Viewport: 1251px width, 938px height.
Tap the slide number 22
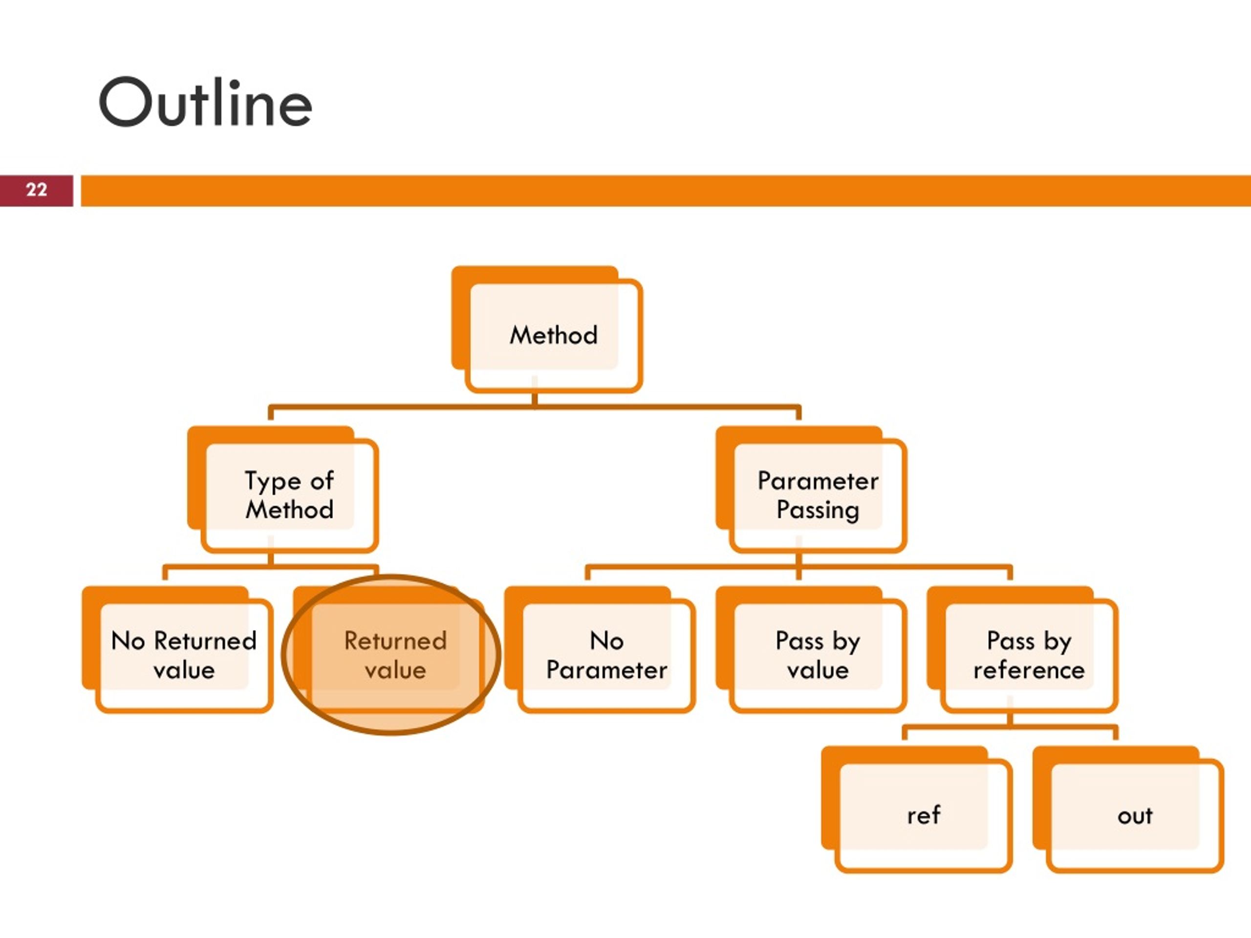pyautogui.click(x=36, y=190)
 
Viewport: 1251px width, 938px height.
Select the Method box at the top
pyautogui.click(x=547, y=329)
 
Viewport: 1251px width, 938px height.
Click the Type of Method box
pyautogui.click(x=283, y=489)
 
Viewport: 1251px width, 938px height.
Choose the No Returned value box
pyautogui.click(x=177, y=649)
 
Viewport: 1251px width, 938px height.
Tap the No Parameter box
pyautogui.click(x=600, y=649)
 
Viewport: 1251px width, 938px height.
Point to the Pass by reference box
pyautogui.click(x=1022, y=649)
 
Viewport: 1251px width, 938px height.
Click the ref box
pyautogui.click(x=917, y=809)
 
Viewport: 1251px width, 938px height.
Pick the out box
pyautogui.click(x=1128, y=809)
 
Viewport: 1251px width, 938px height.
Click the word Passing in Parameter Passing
pyautogui.click(x=818, y=511)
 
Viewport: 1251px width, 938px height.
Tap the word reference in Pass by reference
pyautogui.click(x=1029, y=670)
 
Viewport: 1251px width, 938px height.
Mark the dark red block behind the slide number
pyautogui.click(x=36, y=191)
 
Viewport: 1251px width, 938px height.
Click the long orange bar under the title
pyautogui.click(x=666, y=191)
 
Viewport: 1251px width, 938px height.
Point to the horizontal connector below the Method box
pyautogui.click(x=535, y=406)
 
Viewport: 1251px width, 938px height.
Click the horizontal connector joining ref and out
pyautogui.click(x=1010, y=726)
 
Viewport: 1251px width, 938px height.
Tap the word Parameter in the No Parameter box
pyautogui.click(x=607, y=670)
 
